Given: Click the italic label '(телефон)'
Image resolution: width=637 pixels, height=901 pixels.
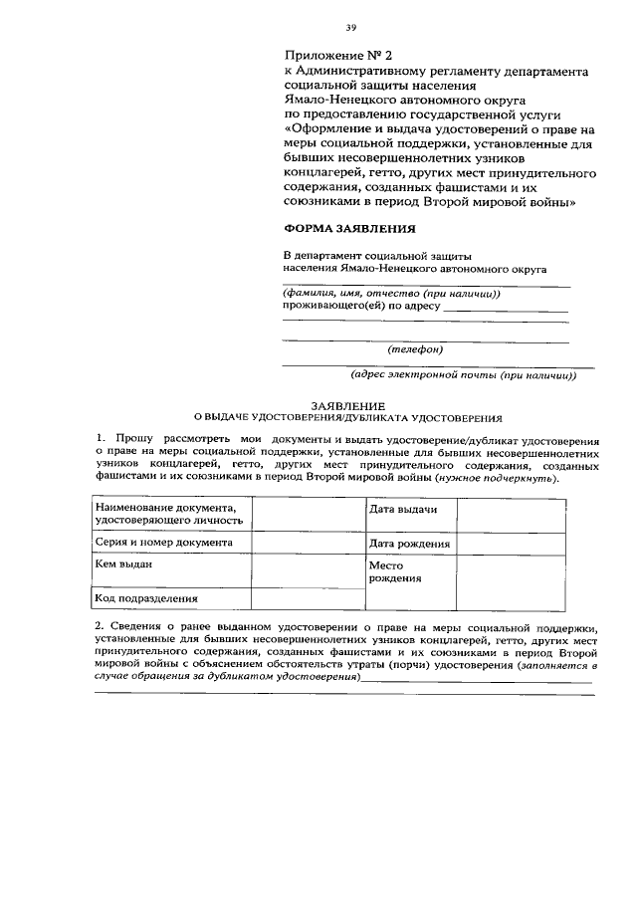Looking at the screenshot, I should (x=415, y=349).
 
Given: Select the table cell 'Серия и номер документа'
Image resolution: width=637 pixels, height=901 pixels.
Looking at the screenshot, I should (x=164, y=543).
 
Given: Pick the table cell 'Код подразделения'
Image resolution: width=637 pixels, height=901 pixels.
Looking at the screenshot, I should (x=146, y=598).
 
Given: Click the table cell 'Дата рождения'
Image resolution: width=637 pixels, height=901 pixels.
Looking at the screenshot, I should (x=409, y=544).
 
